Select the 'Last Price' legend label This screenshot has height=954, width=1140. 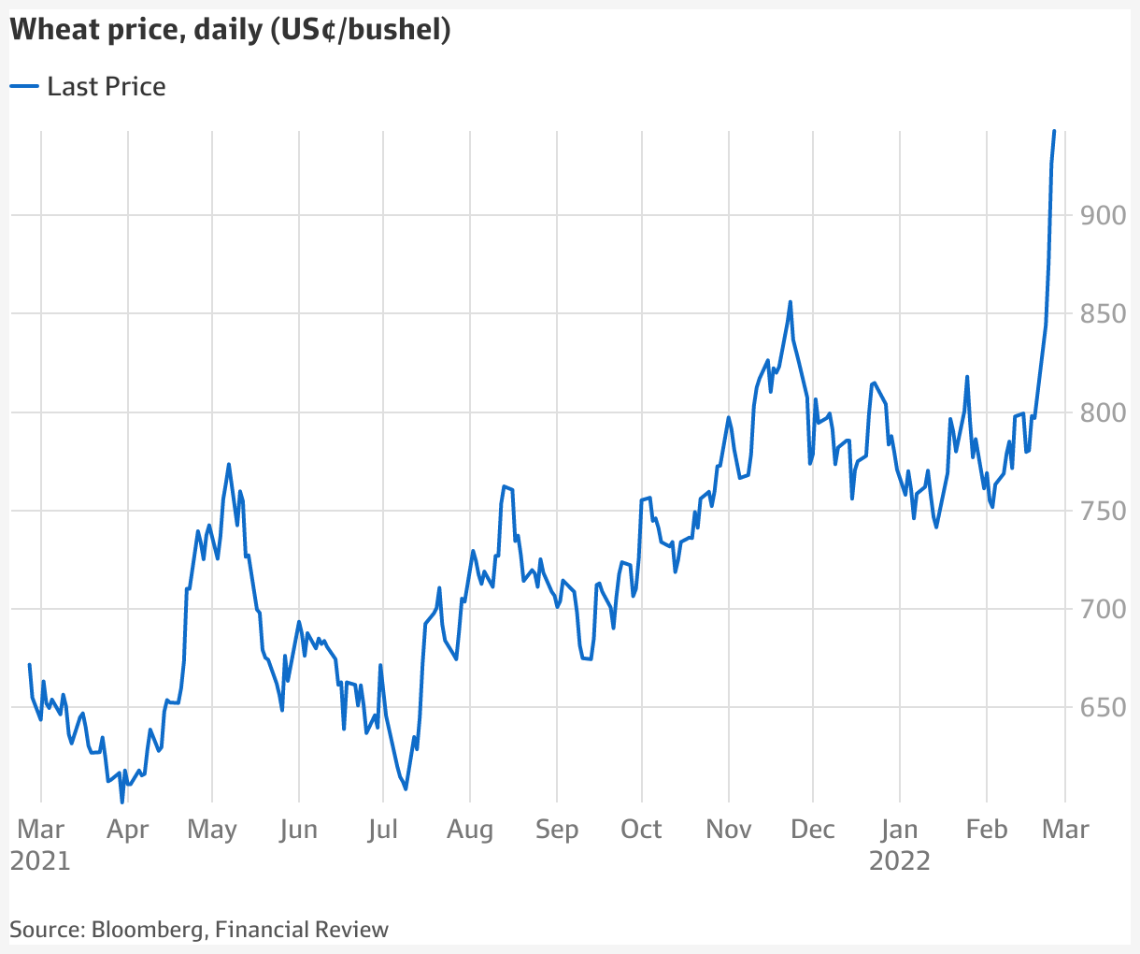(x=107, y=87)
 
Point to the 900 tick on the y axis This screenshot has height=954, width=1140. (x=1103, y=215)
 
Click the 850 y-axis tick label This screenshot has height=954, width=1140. (x=1103, y=313)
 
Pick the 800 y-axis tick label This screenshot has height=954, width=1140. (x=1103, y=412)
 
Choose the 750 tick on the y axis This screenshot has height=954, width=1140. (x=1103, y=511)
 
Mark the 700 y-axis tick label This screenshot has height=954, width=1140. (x=1103, y=609)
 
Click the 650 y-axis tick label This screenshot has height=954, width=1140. (x=1103, y=708)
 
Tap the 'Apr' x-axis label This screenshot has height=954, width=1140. (x=127, y=830)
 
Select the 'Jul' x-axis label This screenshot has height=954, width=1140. (x=383, y=830)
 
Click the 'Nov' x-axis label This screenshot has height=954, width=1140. (x=728, y=830)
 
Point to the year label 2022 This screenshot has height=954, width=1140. (x=900, y=860)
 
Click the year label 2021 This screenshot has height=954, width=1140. (x=40, y=860)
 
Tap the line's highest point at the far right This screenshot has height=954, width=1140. (x=1054, y=132)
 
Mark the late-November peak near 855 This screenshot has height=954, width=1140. (x=791, y=302)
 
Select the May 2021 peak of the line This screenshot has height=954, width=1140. (x=229, y=465)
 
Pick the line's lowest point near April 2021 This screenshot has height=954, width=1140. (x=121, y=802)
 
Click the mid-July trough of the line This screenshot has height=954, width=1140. (x=406, y=788)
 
